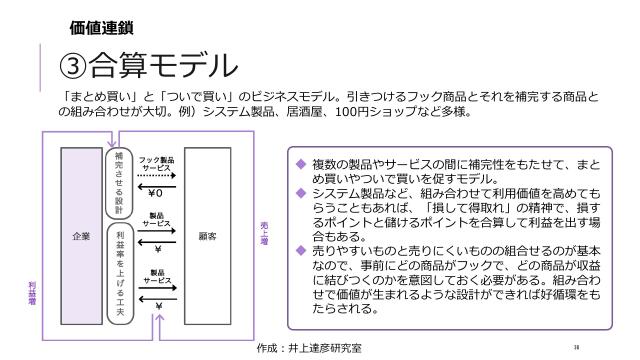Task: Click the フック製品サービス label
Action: click(156, 164)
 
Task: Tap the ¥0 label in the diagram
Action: click(156, 192)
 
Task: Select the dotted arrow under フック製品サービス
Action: click(156, 175)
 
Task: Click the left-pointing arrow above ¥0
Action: click(156, 184)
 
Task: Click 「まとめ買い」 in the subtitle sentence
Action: click(95, 98)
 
